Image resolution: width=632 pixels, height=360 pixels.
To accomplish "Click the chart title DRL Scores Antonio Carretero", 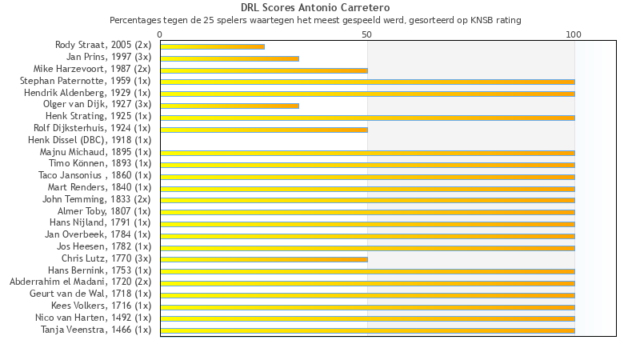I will tap(315, 8).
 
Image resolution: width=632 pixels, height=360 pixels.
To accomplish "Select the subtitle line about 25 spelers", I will tap(315, 20).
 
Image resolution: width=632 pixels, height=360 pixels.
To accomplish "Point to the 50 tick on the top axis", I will tap(367, 34).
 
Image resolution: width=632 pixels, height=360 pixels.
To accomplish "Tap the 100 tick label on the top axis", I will tap(574, 34).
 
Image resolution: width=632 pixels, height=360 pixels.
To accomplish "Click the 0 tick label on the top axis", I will tap(160, 34).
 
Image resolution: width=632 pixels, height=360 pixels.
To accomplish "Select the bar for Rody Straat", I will tap(212, 46).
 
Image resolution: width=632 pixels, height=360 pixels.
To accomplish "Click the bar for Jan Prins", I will tap(230, 58).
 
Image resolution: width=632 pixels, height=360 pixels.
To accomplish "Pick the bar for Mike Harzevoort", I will tap(264, 70).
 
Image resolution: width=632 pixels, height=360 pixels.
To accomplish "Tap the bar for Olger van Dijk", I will tap(230, 106).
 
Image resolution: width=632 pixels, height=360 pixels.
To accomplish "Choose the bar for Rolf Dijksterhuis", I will tap(264, 129).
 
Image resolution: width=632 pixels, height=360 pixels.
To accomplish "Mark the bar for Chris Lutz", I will tap(264, 259).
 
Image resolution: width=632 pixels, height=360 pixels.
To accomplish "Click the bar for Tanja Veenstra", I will tap(367, 330).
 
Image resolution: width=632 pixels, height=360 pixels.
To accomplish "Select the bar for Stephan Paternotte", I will tap(367, 82).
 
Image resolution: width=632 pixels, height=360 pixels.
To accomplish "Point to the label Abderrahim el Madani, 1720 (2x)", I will tap(80, 282).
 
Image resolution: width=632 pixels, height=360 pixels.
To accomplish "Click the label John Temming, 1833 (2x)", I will tap(96, 199).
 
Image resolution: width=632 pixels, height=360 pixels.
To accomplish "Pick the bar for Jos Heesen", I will tap(367, 247).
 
